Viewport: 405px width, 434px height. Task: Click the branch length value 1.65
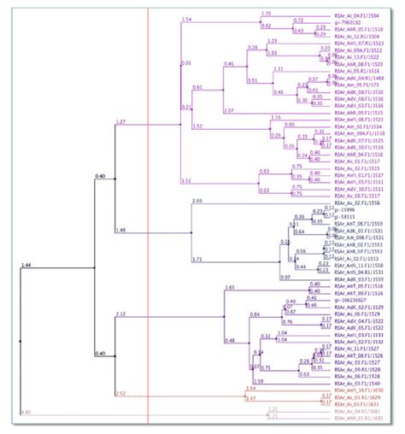[229, 288]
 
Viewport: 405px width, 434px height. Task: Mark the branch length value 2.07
[228, 110]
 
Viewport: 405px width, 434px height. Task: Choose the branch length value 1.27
[120, 122]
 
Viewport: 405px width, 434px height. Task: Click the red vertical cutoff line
[149, 214]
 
